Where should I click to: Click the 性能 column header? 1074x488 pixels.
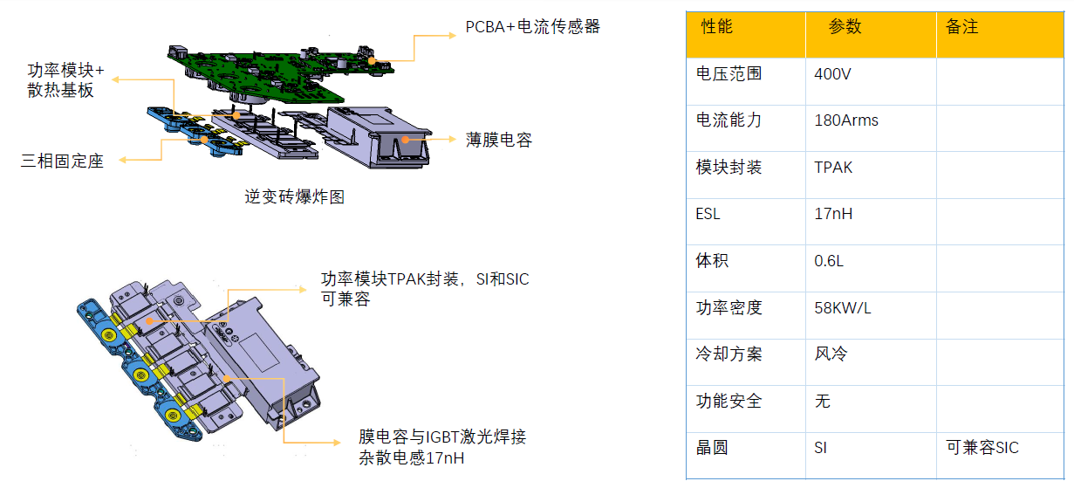[x=716, y=27]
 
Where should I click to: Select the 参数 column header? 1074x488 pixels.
[x=845, y=27]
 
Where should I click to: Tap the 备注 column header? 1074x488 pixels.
[x=961, y=27]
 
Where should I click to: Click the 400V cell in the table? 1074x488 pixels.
[x=832, y=74]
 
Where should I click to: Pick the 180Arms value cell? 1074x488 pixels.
[x=845, y=120]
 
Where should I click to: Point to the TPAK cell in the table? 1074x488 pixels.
[x=833, y=168]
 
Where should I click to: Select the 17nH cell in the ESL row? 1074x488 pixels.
[x=833, y=214]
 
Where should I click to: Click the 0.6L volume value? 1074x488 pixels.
[x=829, y=261]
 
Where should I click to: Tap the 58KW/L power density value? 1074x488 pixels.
[x=843, y=307]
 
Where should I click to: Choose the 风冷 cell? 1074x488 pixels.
[x=830, y=354]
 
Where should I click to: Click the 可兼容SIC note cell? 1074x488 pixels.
[x=982, y=448]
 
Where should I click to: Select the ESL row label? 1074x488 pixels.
[x=708, y=214]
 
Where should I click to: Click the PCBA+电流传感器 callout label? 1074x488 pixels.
[x=532, y=27]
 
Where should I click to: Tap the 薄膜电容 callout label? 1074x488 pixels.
[x=498, y=140]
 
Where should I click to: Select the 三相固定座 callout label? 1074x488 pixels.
[x=62, y=162]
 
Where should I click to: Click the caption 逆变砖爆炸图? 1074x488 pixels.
[x=295, y=197]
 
